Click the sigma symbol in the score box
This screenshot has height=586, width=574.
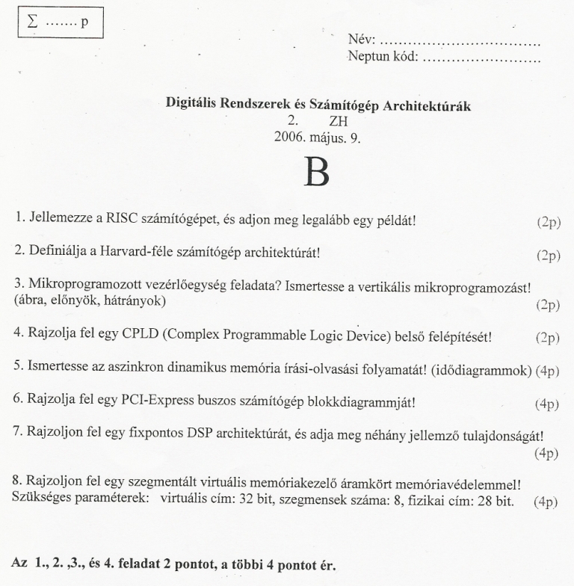tap(32, 22)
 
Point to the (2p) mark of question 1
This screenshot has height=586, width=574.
tap(547, 222)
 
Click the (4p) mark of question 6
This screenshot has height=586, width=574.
tap(547, 404)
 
